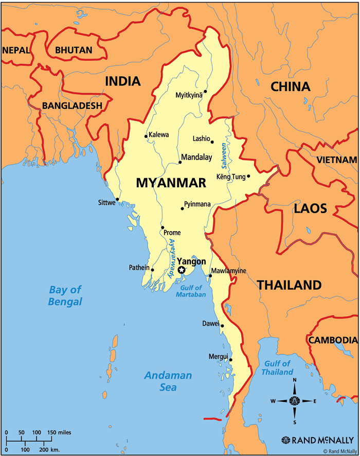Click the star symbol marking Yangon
pyautogui.click(x=181, y=270)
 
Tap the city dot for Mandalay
pyautogui.click(x=180, y=163)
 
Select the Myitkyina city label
pyautogui.click(x=189, y=95)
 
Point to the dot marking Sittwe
pyautogui.click(x=117, y=199)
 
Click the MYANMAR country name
pyautogui.click(x=171, y=183)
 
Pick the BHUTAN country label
pyautogui.click(x=74, y=50)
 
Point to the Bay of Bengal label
pyautogui.click(x=65, y=295)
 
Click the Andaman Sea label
pyautogui.click(x=168, y=381)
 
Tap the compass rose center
pyautogui.click(x=295, y=401)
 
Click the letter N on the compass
pyautogui.click(x=295, y=381)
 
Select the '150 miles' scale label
pyautogui.click(x=60, y=432)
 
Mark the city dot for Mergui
pyautogui.click(x=231, y=360)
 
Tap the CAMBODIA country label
pyautogui.click(x=333, y=340)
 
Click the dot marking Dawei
pyautogui.click(x=222, y=325)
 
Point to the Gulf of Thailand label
pyautogui.click(x=277, y=367)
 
